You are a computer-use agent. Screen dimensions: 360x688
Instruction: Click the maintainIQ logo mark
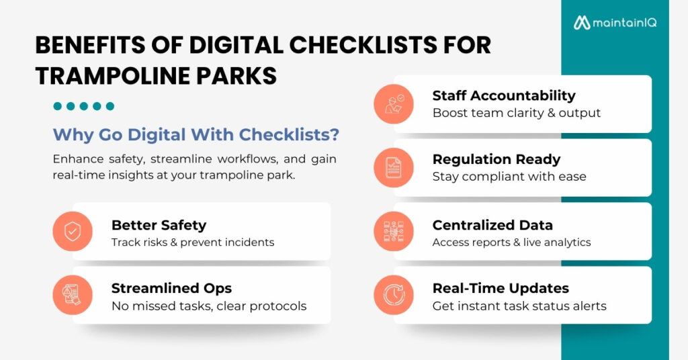581,23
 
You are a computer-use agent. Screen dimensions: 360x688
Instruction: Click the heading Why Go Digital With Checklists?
196,134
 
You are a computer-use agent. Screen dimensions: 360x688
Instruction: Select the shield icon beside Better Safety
72,231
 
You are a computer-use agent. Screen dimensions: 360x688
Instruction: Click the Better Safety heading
159,224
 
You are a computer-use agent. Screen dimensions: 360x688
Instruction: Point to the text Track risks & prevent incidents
193,242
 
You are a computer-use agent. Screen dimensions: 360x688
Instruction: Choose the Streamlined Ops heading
171,288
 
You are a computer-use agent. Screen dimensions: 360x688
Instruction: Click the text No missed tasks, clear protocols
209,306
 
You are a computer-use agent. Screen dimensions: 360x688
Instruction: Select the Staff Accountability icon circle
394,103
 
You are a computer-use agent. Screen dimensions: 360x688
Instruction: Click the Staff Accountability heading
504,95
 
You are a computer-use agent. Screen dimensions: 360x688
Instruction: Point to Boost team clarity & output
517,113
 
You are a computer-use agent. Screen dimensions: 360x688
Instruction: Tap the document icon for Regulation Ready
394,167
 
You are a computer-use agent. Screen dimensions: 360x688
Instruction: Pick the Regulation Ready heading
497,159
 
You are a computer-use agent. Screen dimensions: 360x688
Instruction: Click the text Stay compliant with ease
509,177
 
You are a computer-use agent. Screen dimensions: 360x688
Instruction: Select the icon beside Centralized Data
394,231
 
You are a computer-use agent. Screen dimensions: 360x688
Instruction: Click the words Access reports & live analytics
511,242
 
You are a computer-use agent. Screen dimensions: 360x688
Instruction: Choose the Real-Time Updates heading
501,288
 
